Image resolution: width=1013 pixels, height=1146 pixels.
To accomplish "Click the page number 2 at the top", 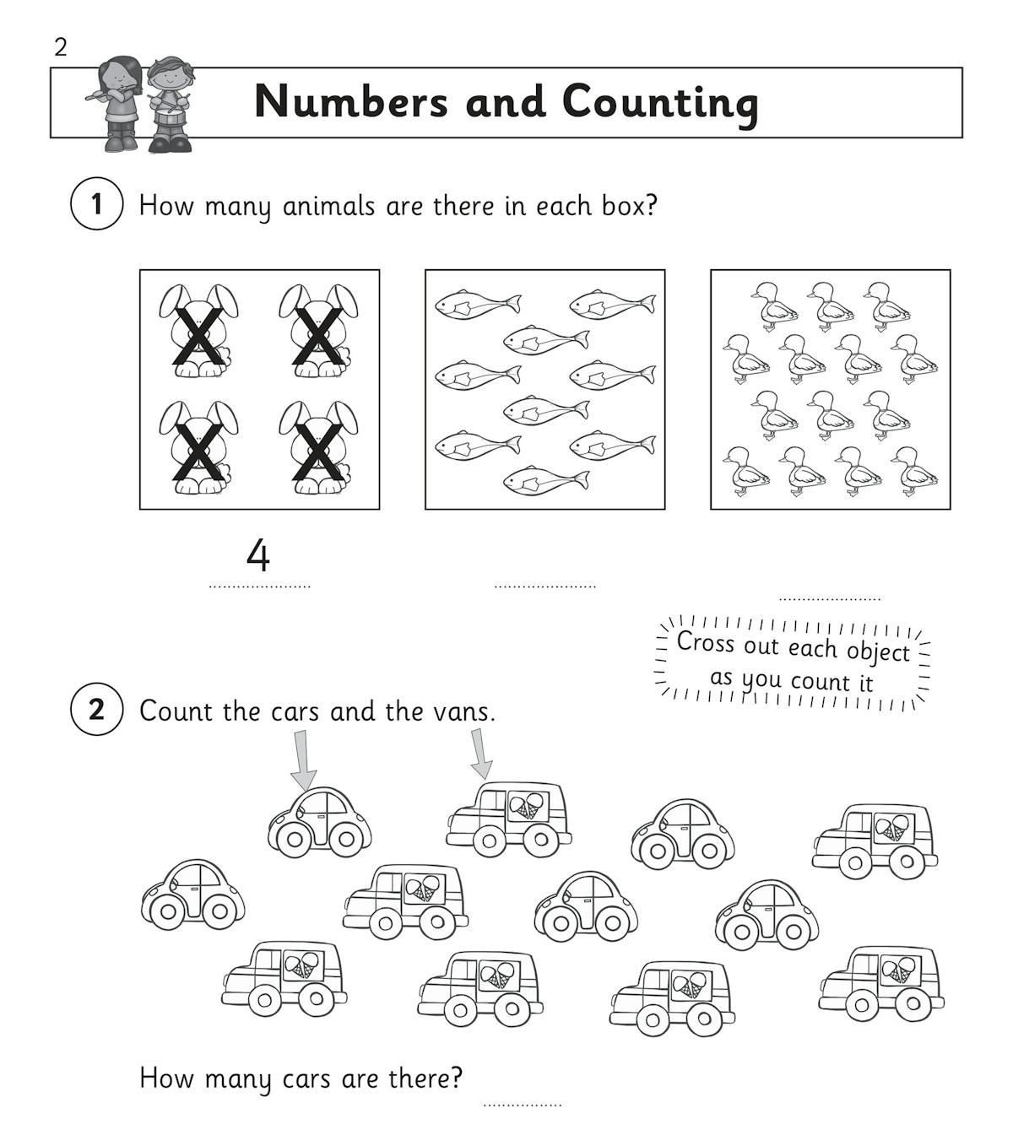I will click(x=60, y=47).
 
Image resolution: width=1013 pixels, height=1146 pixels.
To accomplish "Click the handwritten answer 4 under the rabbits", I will click(x=258, y=555).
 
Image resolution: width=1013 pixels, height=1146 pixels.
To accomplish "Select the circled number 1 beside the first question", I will click(x=96, y=204).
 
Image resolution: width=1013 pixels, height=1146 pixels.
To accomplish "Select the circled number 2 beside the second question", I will click(x=96, y=709).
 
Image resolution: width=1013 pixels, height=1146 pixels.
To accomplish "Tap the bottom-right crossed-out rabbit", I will click(x=318, y=447).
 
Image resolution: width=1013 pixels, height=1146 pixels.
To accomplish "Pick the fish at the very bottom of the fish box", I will click(x=545, y=481).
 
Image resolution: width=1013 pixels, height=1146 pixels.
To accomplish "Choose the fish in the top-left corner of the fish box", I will click(x=478, y=304).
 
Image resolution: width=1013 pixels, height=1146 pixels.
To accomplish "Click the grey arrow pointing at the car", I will click(x=304, y=759).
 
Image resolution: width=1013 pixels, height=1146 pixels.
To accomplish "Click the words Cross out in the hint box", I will click(x=706, y=643).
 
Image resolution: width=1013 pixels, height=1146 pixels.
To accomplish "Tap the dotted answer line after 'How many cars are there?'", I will click(x=522, y=1104).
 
